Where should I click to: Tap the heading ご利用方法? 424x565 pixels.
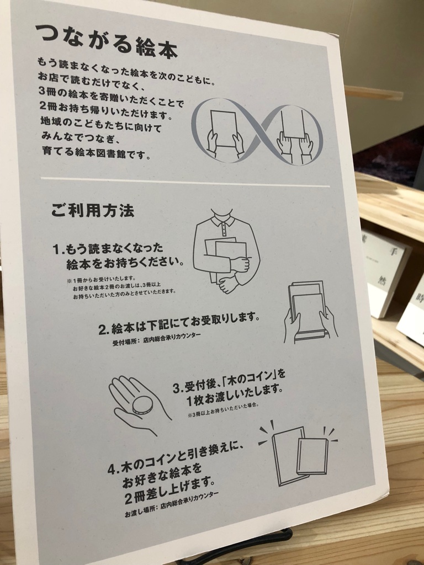[x=93, y=210]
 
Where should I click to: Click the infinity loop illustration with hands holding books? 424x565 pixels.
[x=257, y=132]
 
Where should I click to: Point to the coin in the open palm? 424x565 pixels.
[x=142, y=405]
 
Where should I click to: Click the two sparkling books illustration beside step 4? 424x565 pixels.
[x=298, y=454]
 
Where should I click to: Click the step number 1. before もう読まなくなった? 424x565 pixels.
[x=59, y=249]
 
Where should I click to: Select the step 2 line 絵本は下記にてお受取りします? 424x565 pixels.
[x=179, y=323]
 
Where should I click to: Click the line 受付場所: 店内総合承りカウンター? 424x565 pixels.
[x=157, y=339]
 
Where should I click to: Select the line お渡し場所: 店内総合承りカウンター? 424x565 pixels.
[x=171, y=504]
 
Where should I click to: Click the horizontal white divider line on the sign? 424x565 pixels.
[x=185, y=182]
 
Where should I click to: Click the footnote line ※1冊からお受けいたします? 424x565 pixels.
[x=102, y=279]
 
